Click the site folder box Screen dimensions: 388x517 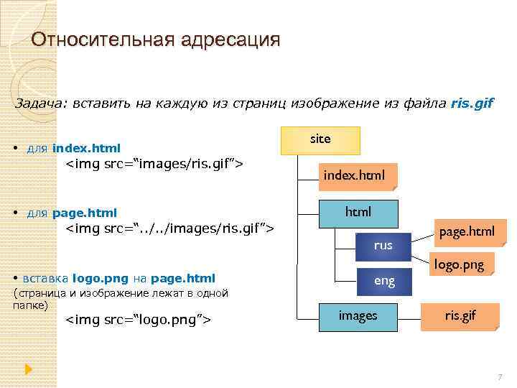(320, 140)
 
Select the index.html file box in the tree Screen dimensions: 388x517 (354, 175)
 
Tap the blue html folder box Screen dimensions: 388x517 (358, 213)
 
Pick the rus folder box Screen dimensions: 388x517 (383, 245)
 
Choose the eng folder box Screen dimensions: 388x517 (384, 281)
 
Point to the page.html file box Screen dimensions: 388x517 (467, 231)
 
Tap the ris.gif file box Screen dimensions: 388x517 (460, 316)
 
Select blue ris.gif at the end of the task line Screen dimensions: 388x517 (472, 103)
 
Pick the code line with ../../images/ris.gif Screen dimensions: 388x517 (170, 228)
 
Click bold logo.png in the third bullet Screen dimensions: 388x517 (99, 279)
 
